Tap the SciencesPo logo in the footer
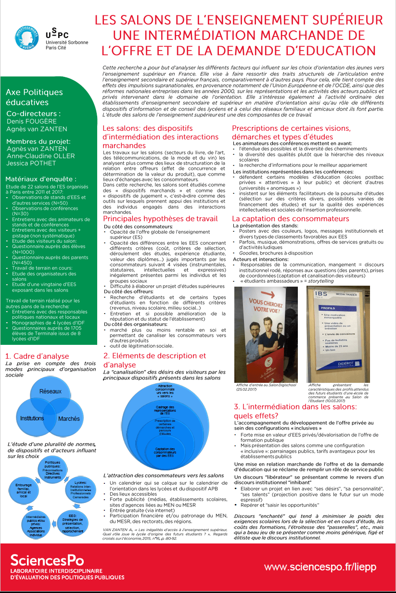point(47,560)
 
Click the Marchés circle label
point(69,419)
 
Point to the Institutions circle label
point(32,418)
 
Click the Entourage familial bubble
point(23,490)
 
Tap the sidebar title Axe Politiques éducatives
point(34,97)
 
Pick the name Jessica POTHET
point(31,163)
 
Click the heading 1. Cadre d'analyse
point(37,356)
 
